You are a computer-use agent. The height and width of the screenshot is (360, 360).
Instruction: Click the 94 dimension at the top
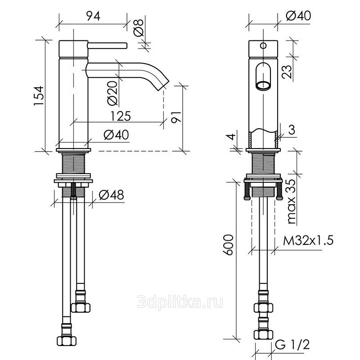[x=93, y=16]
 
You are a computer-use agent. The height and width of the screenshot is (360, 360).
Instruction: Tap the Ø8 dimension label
[x=139, y=28]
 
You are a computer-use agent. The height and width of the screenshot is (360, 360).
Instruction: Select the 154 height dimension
[x=39, y=95]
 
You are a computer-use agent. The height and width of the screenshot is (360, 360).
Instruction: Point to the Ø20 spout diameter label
[x=112, y=93]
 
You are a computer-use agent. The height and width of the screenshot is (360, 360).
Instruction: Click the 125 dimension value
[x=121, y=116]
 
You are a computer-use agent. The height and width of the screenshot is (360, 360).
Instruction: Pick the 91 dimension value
[x=176, y=117]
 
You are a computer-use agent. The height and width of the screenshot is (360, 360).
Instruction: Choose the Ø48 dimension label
[x=111, y=195]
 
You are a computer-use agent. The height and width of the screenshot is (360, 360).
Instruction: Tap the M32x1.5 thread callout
[x=308, y=241]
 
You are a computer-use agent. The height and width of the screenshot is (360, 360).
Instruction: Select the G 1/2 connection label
[x=292, y=344]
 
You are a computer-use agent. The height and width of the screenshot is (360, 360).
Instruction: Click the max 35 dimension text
[x=292, y=202]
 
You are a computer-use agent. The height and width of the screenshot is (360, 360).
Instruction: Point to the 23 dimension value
[x=287, y=72]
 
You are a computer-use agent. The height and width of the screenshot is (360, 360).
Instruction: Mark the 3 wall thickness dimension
[x=291, y=130]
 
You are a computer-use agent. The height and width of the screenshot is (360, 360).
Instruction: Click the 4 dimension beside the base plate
[x=232, y=136]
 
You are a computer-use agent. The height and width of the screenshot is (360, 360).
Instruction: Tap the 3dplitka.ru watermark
[x=180, y=301]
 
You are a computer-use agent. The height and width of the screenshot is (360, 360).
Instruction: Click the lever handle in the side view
[x=108, y=45]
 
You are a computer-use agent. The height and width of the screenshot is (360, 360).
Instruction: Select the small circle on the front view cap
[x=263, y=45]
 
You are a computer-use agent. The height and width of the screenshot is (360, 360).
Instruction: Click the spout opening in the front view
[x=263, y=85]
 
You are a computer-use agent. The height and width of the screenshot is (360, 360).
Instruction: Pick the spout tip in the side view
[x=163, y=85]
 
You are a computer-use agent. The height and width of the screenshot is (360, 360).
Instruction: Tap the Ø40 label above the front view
[x=298, y=16]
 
